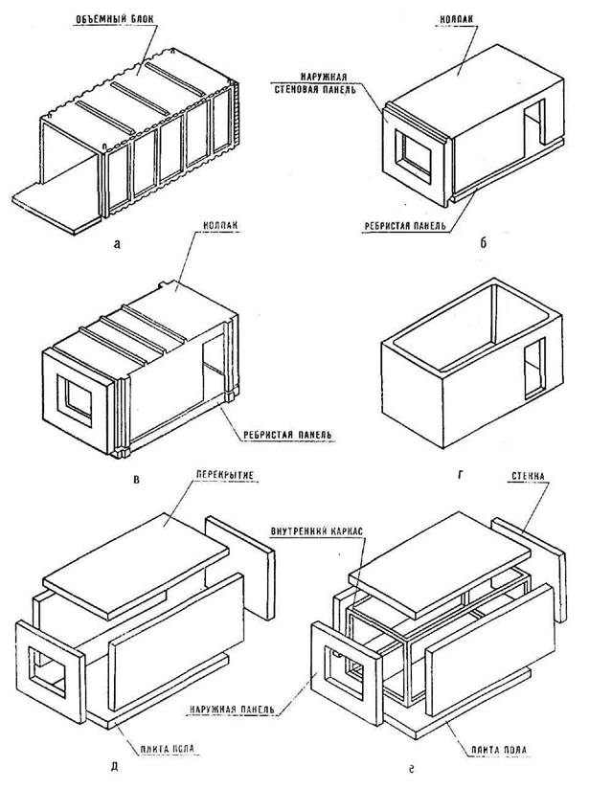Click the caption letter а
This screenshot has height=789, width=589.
116,245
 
